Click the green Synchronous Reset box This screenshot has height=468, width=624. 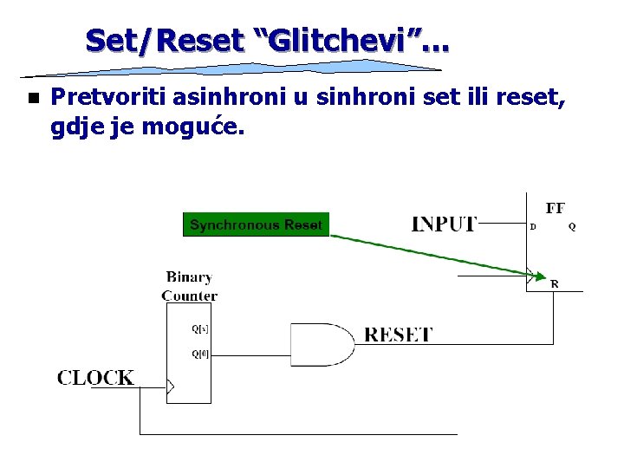256,225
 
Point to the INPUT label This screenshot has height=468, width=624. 443,224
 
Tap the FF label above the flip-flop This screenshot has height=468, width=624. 556,208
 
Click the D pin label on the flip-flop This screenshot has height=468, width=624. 533,227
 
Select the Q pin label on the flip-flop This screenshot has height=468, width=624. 572,227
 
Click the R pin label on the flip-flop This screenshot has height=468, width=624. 555,284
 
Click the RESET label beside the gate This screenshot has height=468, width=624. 398,335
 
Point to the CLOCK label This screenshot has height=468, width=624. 96,378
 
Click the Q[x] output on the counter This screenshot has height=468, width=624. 199,329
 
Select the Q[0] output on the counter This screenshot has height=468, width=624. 199,354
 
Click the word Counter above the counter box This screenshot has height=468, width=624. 189,296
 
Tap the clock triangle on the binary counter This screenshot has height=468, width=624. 171,386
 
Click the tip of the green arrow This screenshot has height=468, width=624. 535,277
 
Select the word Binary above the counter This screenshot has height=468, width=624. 189,277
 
